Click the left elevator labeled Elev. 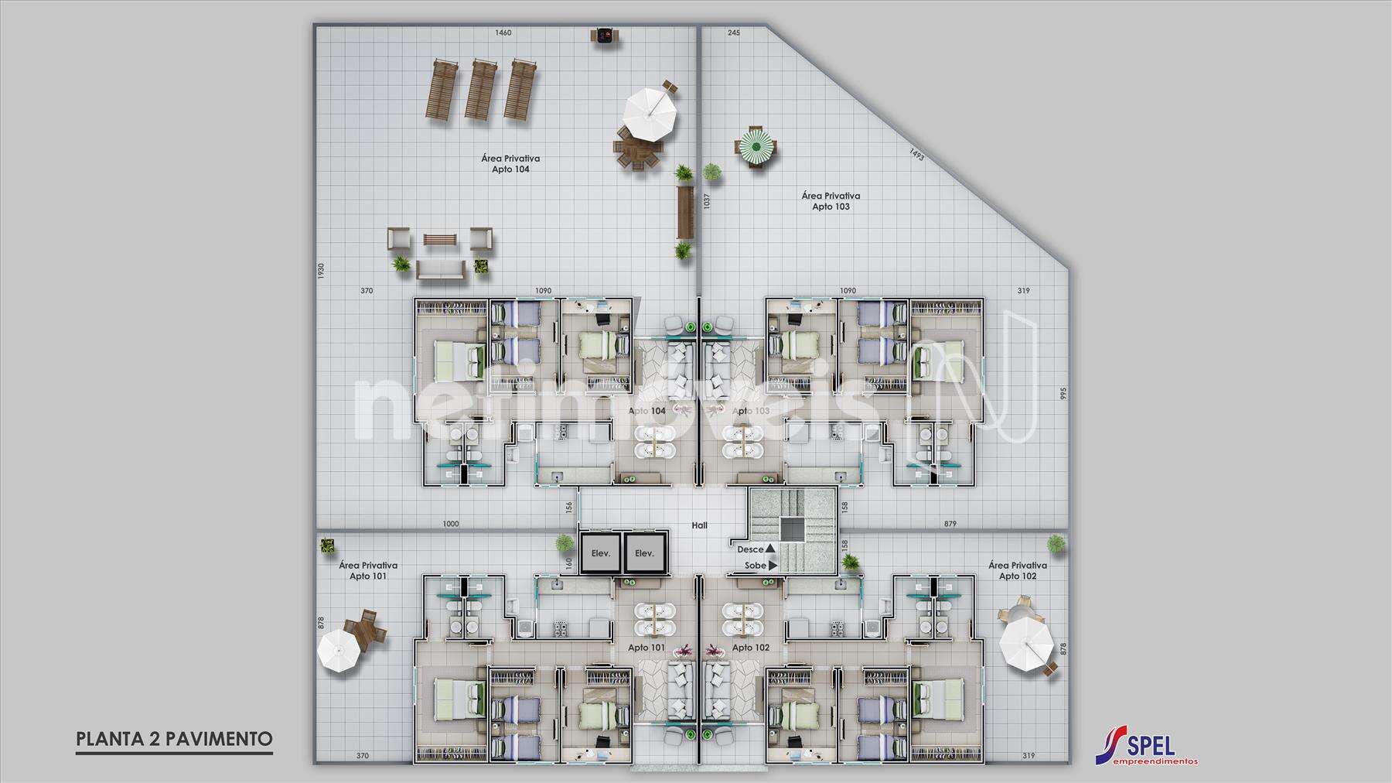coord(601,552)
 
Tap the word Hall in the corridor coord(699,525)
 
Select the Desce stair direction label coord(751,549)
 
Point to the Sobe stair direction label coord(756,566)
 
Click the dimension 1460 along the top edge coord(503,33)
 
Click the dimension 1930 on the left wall coord(321,272)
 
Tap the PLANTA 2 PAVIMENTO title coord(174,738)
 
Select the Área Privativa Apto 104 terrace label coord(510,163)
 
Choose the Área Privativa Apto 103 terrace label coord(831,201)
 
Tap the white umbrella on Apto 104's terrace coord(650,113)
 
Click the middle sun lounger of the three coord(480,90)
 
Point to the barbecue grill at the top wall coord(604,36)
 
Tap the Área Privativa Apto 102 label coord(1017,571)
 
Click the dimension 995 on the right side coord(1063,393)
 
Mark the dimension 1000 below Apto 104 coord(450,524)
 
